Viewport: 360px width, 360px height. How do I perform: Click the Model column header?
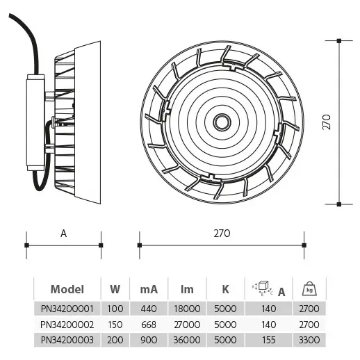[67, 289]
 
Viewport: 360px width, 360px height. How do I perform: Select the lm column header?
[188, 289]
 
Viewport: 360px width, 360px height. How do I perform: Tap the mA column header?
[148, 289]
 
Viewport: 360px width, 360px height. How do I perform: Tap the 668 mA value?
[148, 324]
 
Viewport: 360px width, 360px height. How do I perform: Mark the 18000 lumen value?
[188, 309]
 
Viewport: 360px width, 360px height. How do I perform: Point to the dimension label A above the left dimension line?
[63, 234]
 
